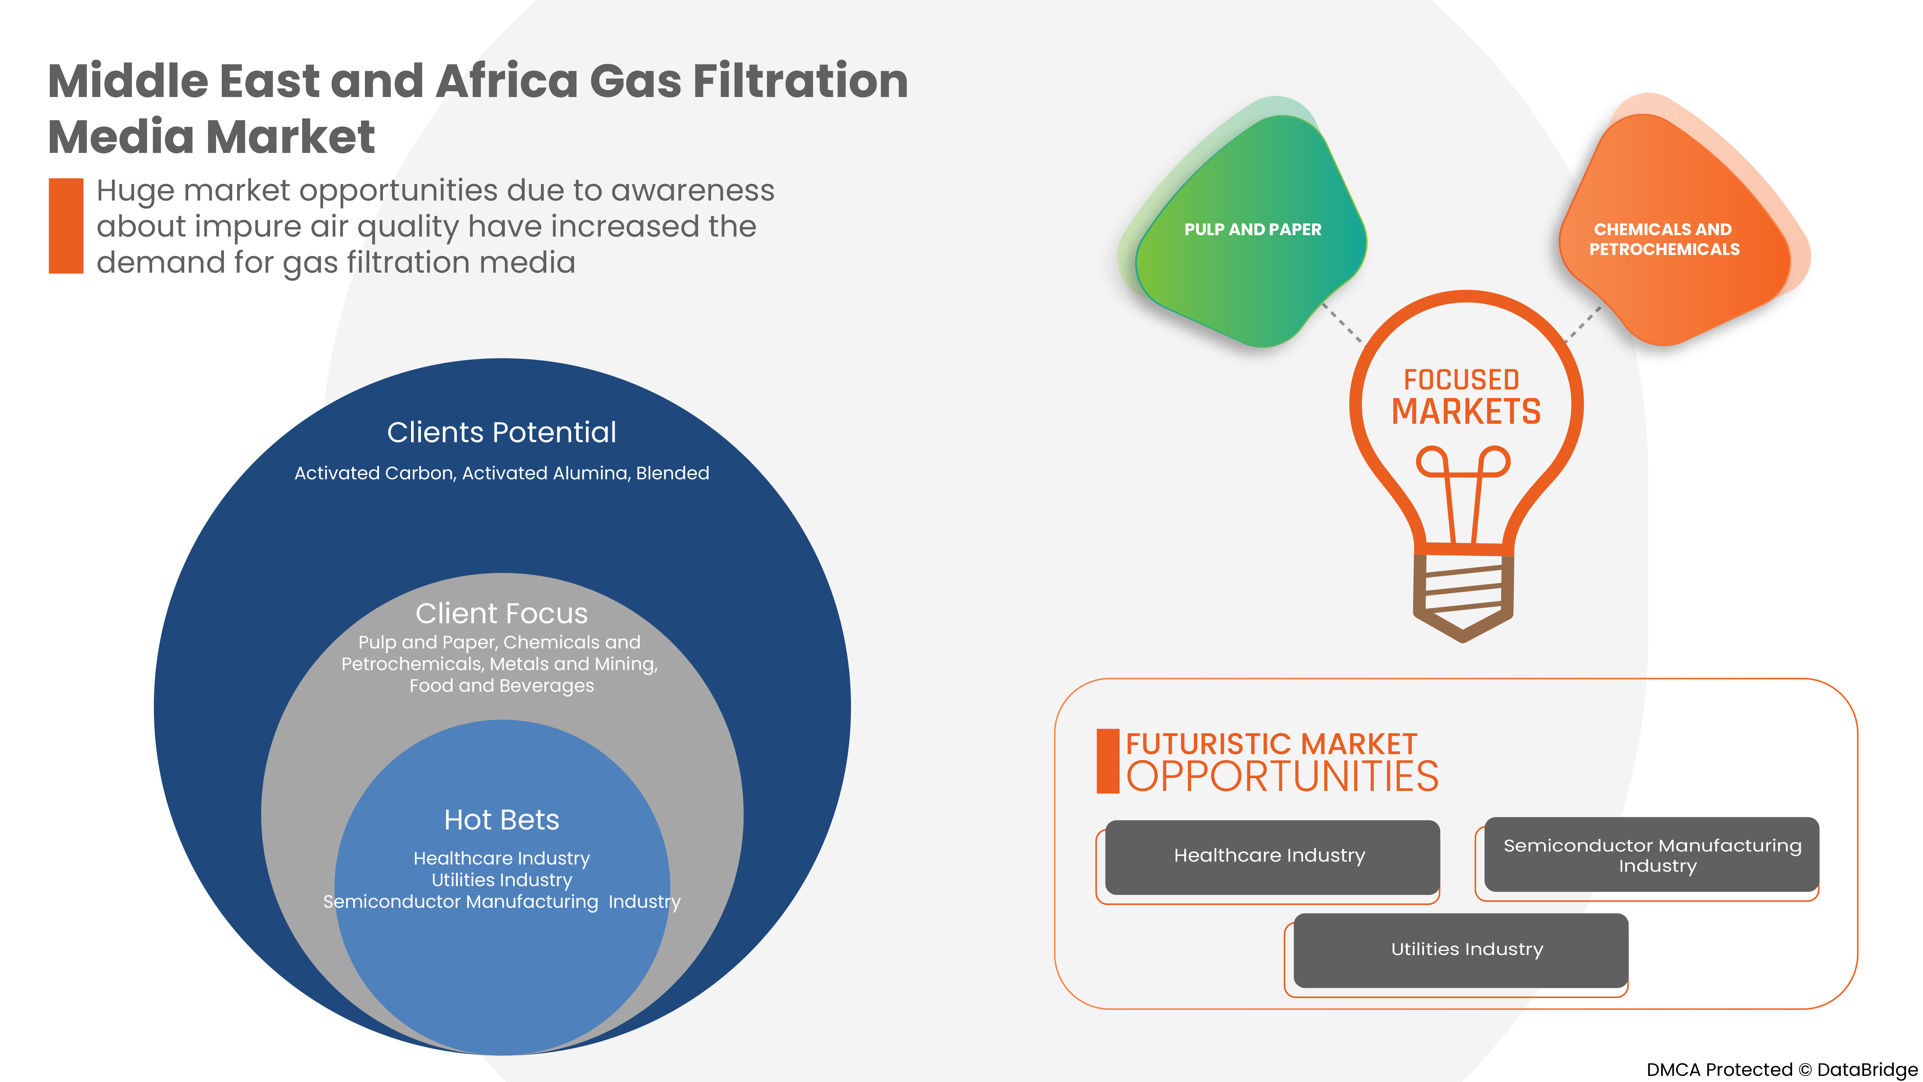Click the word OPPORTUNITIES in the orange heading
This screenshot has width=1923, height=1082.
click(x=1282, y=777)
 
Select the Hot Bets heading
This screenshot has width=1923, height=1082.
click(x=502, y=820)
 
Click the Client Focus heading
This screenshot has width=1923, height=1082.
click(x=502, y=614)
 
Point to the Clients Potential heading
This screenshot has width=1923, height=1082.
click(x=502, y=432)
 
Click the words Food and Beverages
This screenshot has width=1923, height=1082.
click(x=502, y=686)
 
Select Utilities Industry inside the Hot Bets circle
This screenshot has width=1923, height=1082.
click(x=502, y=880)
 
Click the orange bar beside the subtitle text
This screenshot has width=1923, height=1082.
click(x=66, y=225)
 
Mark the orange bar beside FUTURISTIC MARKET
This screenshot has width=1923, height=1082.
click(x=1107, y=761)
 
